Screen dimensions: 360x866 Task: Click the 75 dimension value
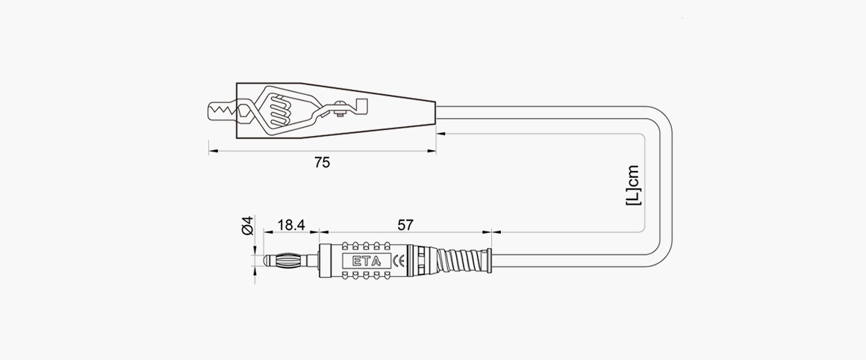(321, 162)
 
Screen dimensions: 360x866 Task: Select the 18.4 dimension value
(290, 223)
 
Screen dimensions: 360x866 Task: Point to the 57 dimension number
(405, 223)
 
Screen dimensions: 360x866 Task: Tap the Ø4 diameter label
(249, 225)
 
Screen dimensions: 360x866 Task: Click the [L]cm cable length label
(633, 185)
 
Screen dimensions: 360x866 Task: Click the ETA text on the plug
(366, 261)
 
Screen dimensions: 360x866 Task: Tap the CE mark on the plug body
(398, 261)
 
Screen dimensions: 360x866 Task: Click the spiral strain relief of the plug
(459, 261)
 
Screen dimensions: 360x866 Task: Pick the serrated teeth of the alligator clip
(221, 113)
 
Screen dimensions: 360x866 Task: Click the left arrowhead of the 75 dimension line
(212, 152)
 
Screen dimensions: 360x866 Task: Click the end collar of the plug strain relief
(490, 261)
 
